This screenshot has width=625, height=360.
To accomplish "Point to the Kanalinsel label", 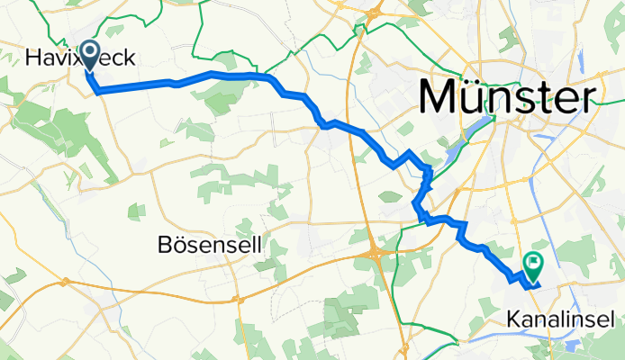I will (x=560, y=319).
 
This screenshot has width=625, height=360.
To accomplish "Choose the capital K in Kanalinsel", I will (x=512, y=319).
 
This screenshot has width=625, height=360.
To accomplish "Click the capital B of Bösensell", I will (x=164, y=244).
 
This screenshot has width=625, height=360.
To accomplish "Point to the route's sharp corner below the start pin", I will (x=96, y=91).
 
